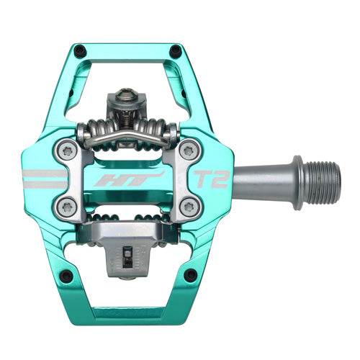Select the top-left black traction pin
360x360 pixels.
click(x=80, y=50)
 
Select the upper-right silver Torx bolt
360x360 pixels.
click(x=189, y=150)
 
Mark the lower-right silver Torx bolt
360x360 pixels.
click(x=189, y=205)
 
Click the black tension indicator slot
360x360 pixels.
click(x=127, y=256)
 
